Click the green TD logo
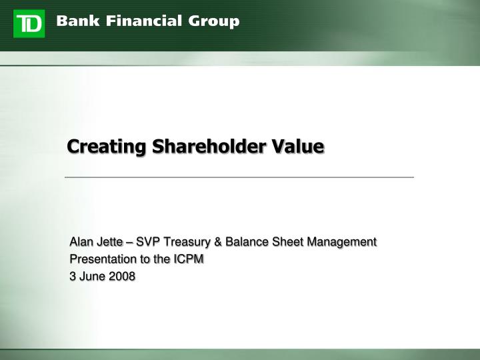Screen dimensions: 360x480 click(x=29, y=23)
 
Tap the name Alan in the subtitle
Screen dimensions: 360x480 click(x=83, y=241)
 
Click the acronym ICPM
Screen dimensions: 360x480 click(x=189, y=259)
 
